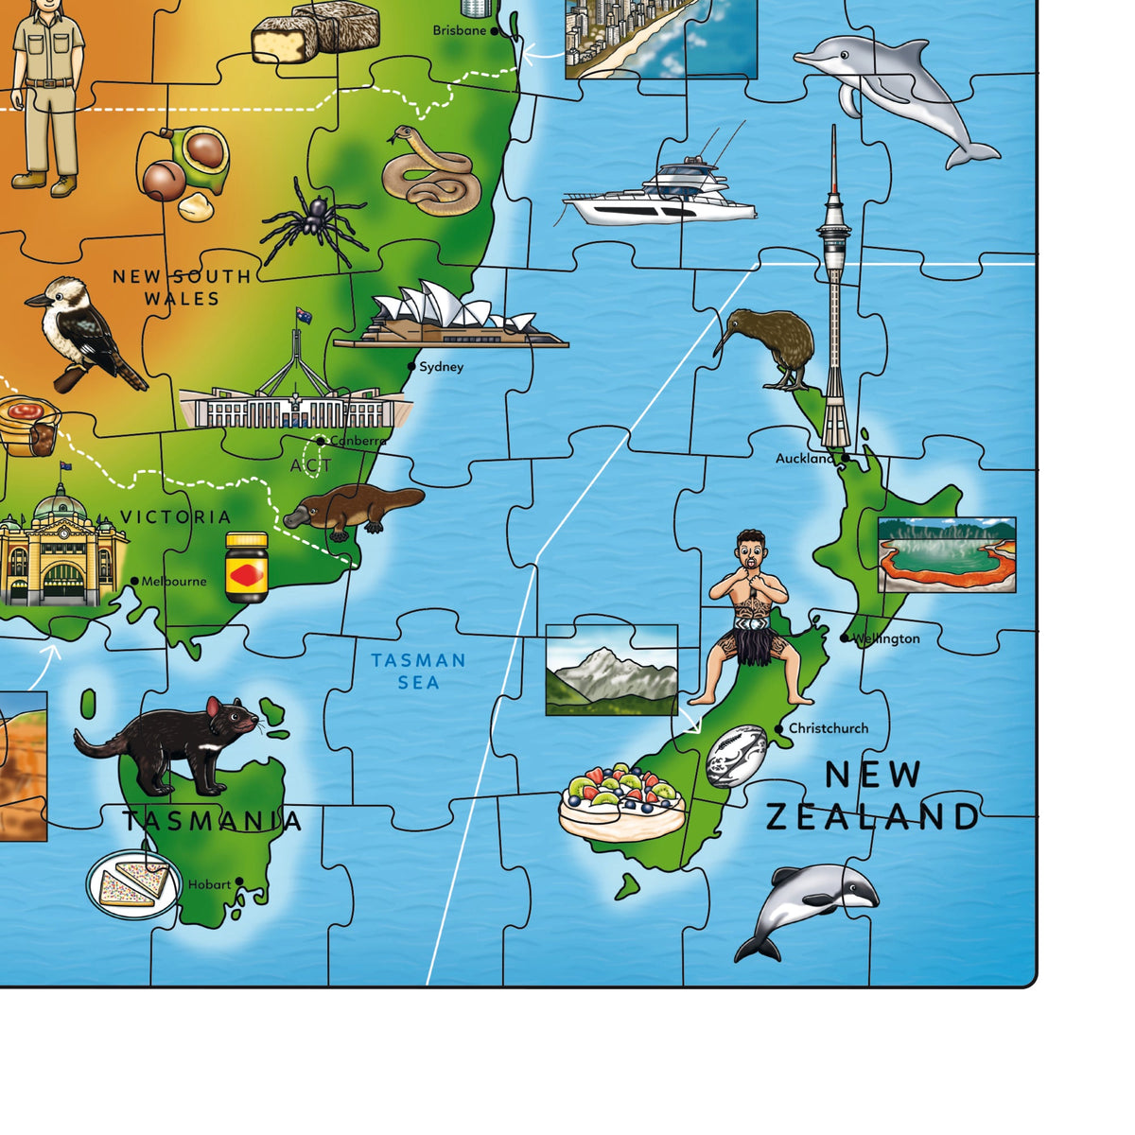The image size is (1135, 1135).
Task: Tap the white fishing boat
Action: (x=662, y=194)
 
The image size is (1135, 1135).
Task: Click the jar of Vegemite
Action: (x=247, y=567)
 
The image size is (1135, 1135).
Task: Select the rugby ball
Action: (x=736, y=757)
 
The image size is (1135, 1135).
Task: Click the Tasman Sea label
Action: (x=418, y=671)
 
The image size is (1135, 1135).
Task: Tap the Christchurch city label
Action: (x=829, y=728)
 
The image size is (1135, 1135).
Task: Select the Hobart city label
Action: (x=209, y=884)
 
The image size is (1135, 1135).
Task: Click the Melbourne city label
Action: (x=174, y=581)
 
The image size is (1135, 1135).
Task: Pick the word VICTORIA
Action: (x=176, y=516)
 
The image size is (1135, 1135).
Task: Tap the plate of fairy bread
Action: (x=133, y=883)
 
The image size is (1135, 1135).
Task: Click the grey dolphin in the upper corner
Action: (x=894, y=90)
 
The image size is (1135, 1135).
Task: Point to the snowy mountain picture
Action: (x=612, y=670)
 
